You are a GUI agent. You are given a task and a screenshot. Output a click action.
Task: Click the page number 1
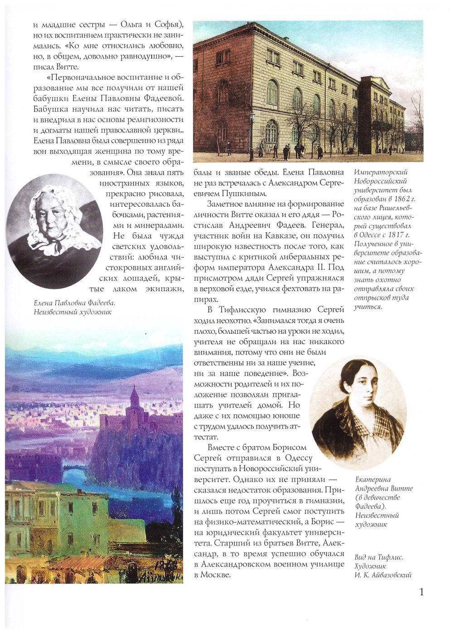click(x=422, y=592)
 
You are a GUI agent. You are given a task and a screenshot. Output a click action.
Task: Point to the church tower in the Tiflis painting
click(x=135, y=399)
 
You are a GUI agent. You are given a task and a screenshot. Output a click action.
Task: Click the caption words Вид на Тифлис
click(x=379, y=557)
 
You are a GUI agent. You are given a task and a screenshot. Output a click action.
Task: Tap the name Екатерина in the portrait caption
click(x=373, y=480)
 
